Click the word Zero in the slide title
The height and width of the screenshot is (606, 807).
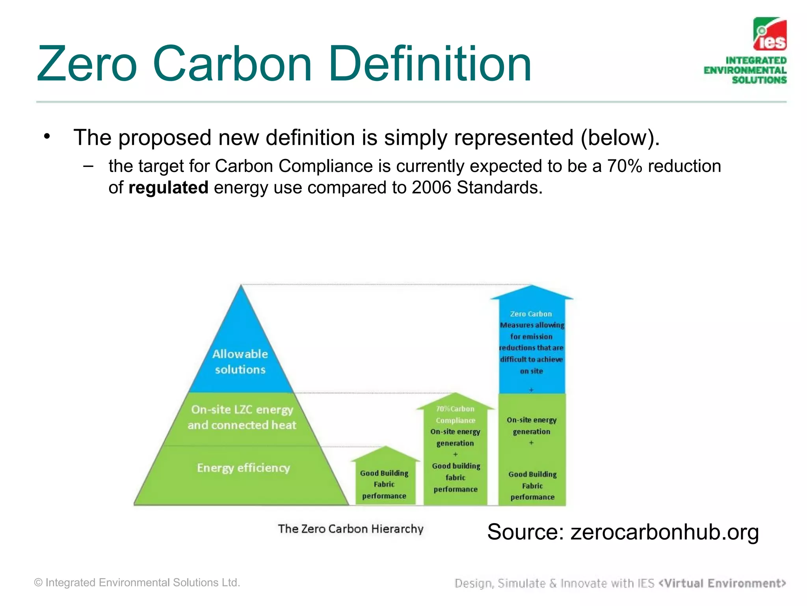pos(87,64)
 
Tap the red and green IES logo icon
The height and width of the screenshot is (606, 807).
pos(770,34)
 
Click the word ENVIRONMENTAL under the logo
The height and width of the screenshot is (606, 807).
pos(745,70)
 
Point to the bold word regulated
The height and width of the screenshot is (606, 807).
pos(168,187)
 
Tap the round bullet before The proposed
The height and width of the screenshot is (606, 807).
pos(47,137)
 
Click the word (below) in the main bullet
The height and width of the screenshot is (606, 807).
pos(619,138)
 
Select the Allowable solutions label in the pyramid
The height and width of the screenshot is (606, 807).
pos(240,361)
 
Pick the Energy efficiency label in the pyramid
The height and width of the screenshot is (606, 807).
pos(243,468)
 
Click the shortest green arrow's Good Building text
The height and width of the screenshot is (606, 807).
pos(384,473)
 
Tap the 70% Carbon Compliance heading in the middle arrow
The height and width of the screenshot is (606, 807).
pos(455,414)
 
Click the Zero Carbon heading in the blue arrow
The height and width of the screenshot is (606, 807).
pos(531,314)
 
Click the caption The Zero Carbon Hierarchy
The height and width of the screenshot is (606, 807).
pos(350,529)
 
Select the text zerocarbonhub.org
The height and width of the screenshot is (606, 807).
pos(664,532)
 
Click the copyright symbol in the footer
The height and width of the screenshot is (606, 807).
pos(38,583)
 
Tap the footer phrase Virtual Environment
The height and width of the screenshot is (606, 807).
pos(722,583)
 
